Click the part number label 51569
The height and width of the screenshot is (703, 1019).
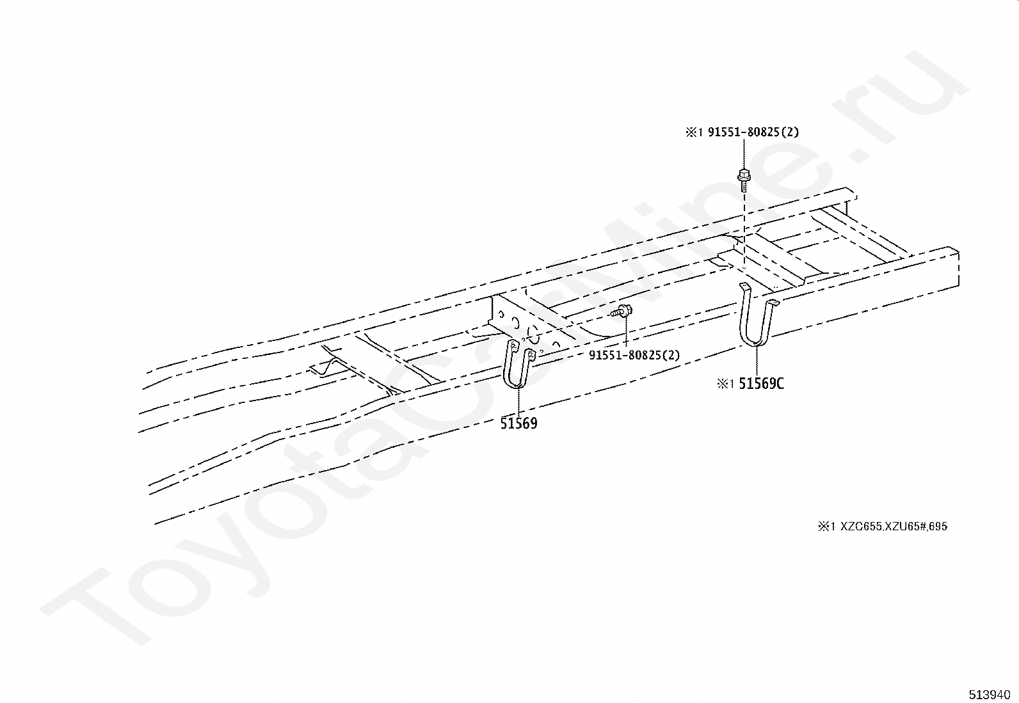[x=518, y=423]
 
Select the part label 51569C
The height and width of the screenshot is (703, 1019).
[x=761, y=384]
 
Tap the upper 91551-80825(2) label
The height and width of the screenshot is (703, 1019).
[x=753, y=132]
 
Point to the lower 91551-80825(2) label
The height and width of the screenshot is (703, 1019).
[x=634, y=355]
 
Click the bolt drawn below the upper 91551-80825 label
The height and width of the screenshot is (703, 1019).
[x=744, y=178]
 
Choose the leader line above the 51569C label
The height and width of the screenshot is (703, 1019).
[x=757, y=361]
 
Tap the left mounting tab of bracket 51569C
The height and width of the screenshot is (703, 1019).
[x=744, y=285]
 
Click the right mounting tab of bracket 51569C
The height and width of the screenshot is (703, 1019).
[x=773, y=303]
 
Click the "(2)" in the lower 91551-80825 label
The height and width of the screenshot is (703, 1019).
[x=672, y=355]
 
